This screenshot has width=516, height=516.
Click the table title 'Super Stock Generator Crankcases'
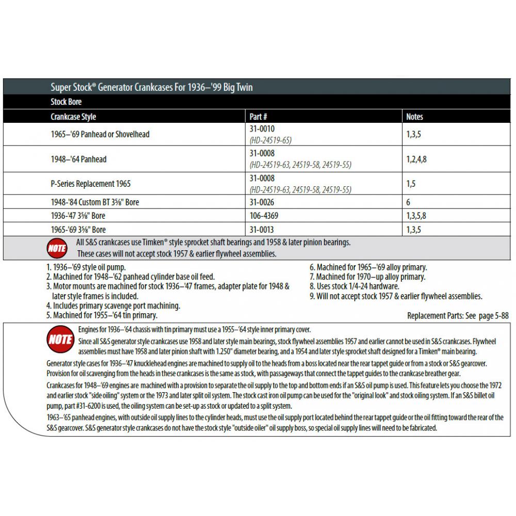point(152,88)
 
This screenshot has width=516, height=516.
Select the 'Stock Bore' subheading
point(66,102)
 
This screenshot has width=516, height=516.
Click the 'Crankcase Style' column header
point(73,117)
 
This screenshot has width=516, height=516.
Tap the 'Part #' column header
point(258,117)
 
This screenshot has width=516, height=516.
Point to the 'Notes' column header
point(414,117)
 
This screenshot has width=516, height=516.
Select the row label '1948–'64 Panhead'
point(78,159)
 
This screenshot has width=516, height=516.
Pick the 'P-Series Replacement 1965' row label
point(90,184)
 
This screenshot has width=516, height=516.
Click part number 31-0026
point(262,202)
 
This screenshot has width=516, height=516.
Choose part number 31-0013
point(262,230)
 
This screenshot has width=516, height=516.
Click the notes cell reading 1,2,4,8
point(416,159)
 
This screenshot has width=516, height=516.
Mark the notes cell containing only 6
point(409,202)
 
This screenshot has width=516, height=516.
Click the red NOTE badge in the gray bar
point(57,248)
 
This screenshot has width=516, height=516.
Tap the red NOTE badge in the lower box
point(60,339)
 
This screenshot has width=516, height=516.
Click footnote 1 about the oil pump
point(86,267)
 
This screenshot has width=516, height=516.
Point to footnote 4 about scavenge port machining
point(112,305)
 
